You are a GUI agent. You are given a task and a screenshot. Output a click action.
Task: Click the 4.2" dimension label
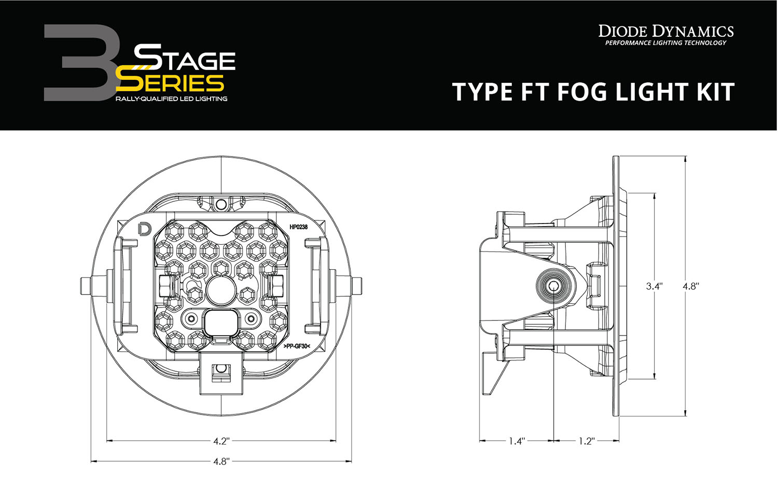(221, 441)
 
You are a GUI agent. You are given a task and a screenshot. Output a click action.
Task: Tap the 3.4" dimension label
(654, 286)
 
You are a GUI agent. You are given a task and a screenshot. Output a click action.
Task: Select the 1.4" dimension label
(517, 441)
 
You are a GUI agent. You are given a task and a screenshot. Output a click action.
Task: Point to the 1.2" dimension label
(586, 441)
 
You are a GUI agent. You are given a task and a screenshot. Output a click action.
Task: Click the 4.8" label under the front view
(221, 461)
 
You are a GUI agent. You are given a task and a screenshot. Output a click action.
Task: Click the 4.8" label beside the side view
(691, 286)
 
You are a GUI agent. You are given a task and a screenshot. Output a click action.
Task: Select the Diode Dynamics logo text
(666, 31)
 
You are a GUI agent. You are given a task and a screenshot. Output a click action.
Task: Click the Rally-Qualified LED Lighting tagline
(171, 99)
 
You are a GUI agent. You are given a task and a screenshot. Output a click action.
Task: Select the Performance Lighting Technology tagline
(666, 43)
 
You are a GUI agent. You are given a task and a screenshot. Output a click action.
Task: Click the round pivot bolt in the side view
(554, 286)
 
